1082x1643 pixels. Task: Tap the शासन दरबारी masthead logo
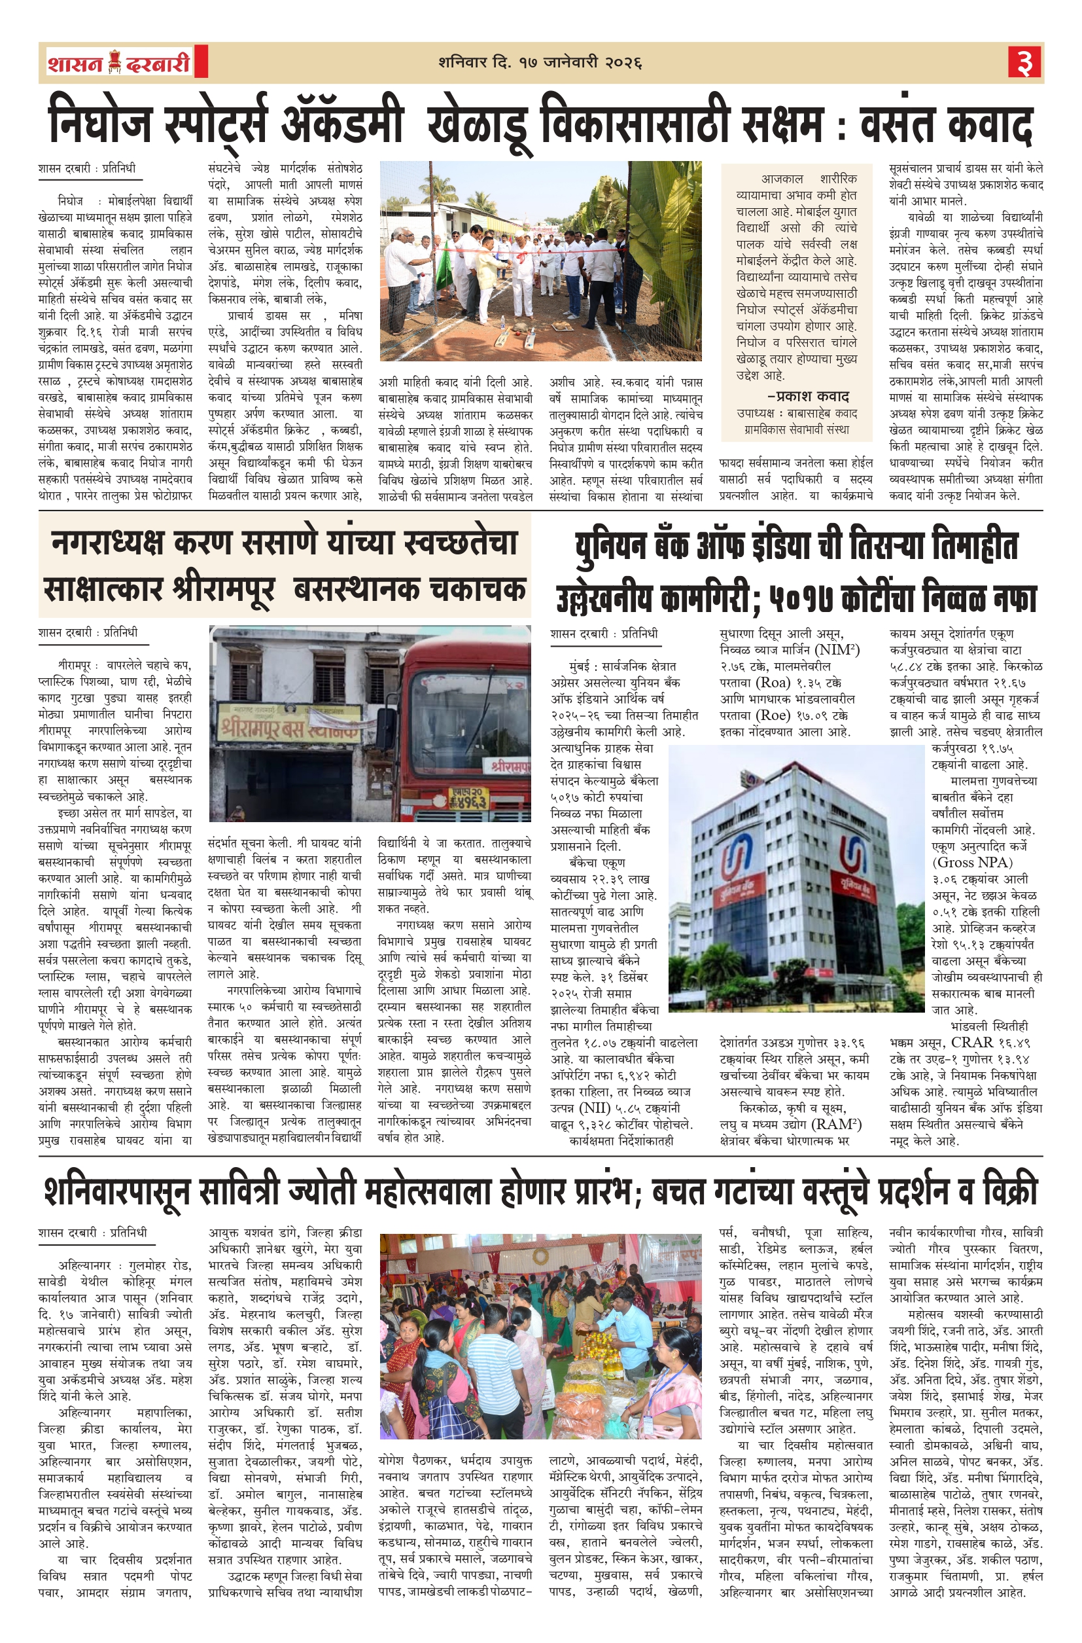pos(118,63)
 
